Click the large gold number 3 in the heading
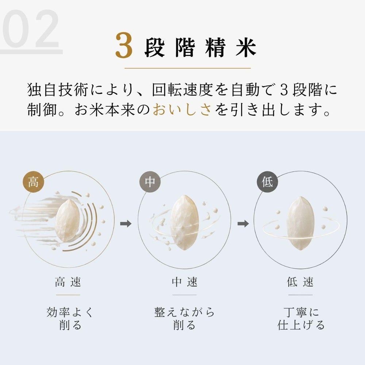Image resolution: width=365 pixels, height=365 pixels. click(124, 45)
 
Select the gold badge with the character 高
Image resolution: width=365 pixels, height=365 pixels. click(33, 182)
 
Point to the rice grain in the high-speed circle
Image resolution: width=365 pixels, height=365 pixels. click(68, 221)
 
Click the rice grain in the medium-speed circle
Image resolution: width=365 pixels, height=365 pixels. click(184, 223)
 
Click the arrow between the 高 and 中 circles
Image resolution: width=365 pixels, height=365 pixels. click(126, 224)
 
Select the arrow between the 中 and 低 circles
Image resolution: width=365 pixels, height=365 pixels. click(243, 224)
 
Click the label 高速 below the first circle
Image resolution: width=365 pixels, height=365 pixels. click(68, 282)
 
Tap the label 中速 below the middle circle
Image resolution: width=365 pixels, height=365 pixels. click(184, 282)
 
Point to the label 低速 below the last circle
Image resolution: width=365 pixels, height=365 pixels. click(300, 282)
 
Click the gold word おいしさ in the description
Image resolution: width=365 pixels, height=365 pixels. click(182, 109)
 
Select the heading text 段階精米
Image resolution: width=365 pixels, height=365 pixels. click(200, 48)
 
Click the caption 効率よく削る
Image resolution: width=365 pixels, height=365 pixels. click(70, 318)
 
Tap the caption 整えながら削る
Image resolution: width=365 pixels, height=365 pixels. click(184, 318)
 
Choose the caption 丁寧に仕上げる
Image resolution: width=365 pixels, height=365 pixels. click(301, 318)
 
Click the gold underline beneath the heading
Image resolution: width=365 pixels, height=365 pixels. click(188, 68)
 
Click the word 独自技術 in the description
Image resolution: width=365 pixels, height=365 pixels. click(58, 90)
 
